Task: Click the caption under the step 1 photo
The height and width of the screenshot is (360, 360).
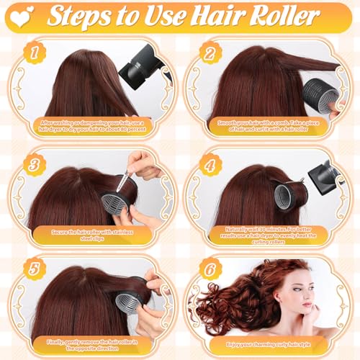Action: point(91,127)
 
